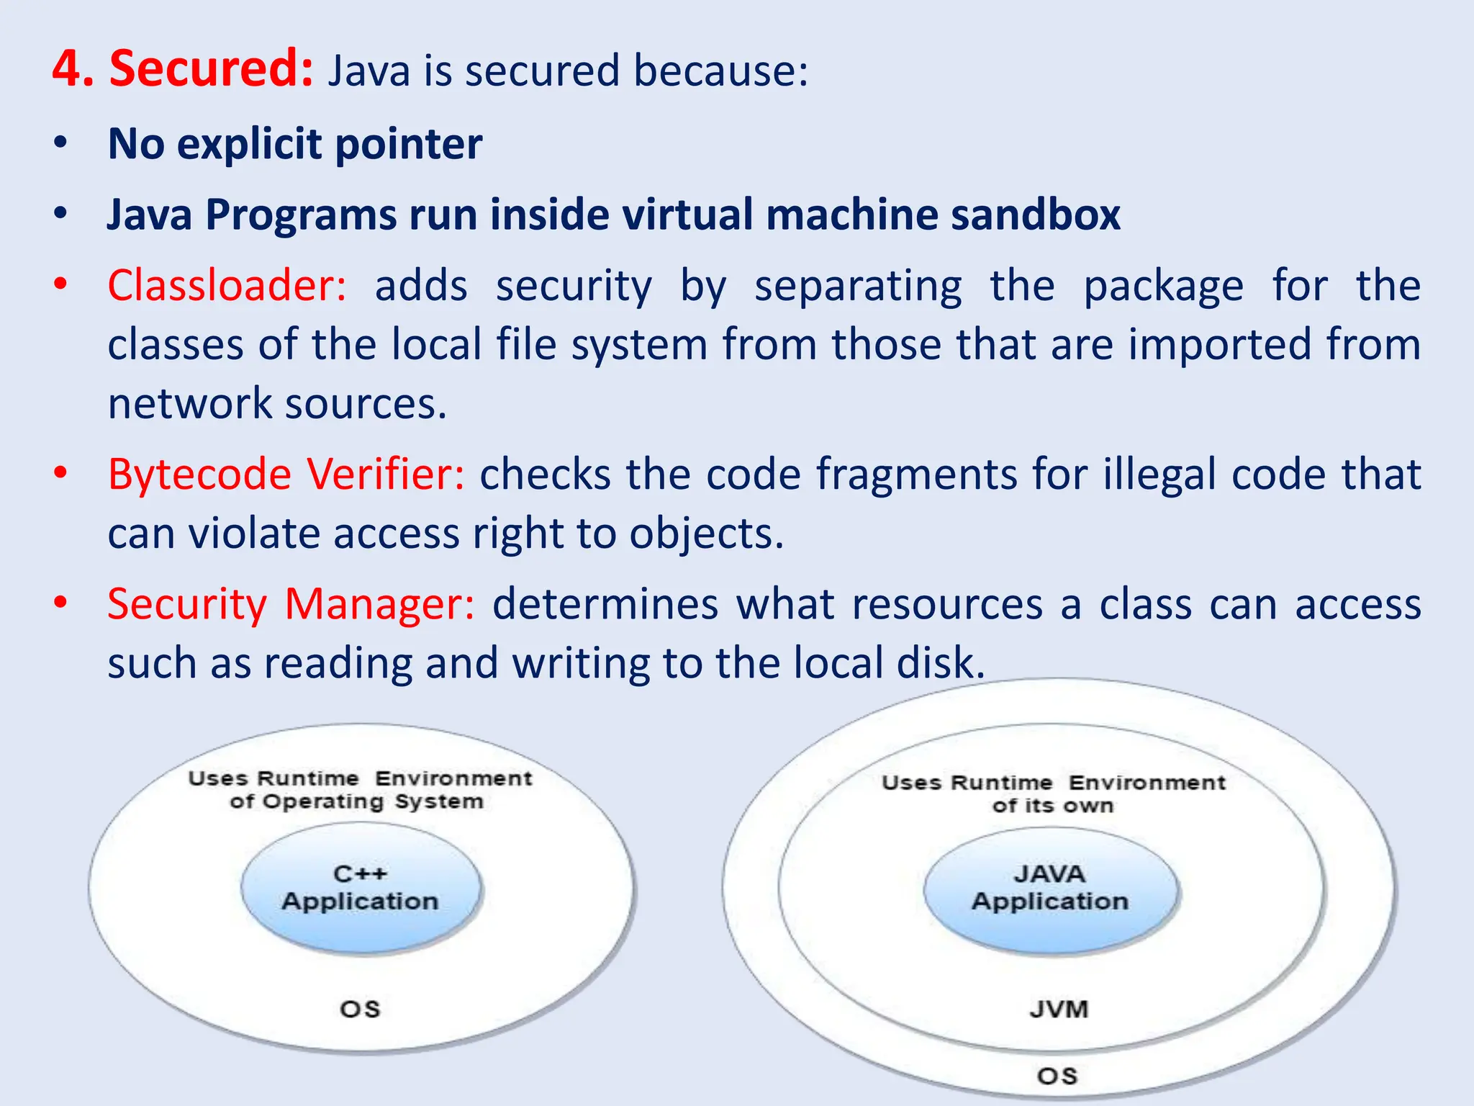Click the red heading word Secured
210,69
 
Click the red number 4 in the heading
73,69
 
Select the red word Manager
379,605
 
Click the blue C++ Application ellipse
361,889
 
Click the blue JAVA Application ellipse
1050,890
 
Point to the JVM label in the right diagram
1058,1009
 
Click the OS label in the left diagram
360,1009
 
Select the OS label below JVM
1057,1076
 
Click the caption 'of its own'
1052,806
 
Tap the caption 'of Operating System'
356,802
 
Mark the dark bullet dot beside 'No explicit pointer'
60,142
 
